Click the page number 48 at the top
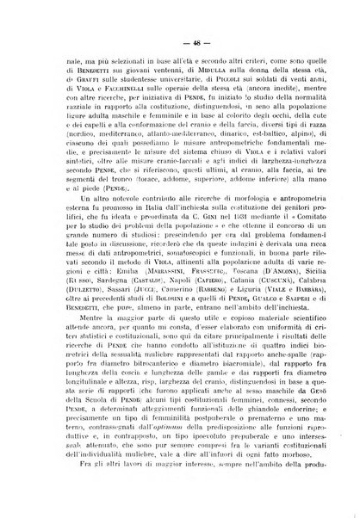183,41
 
